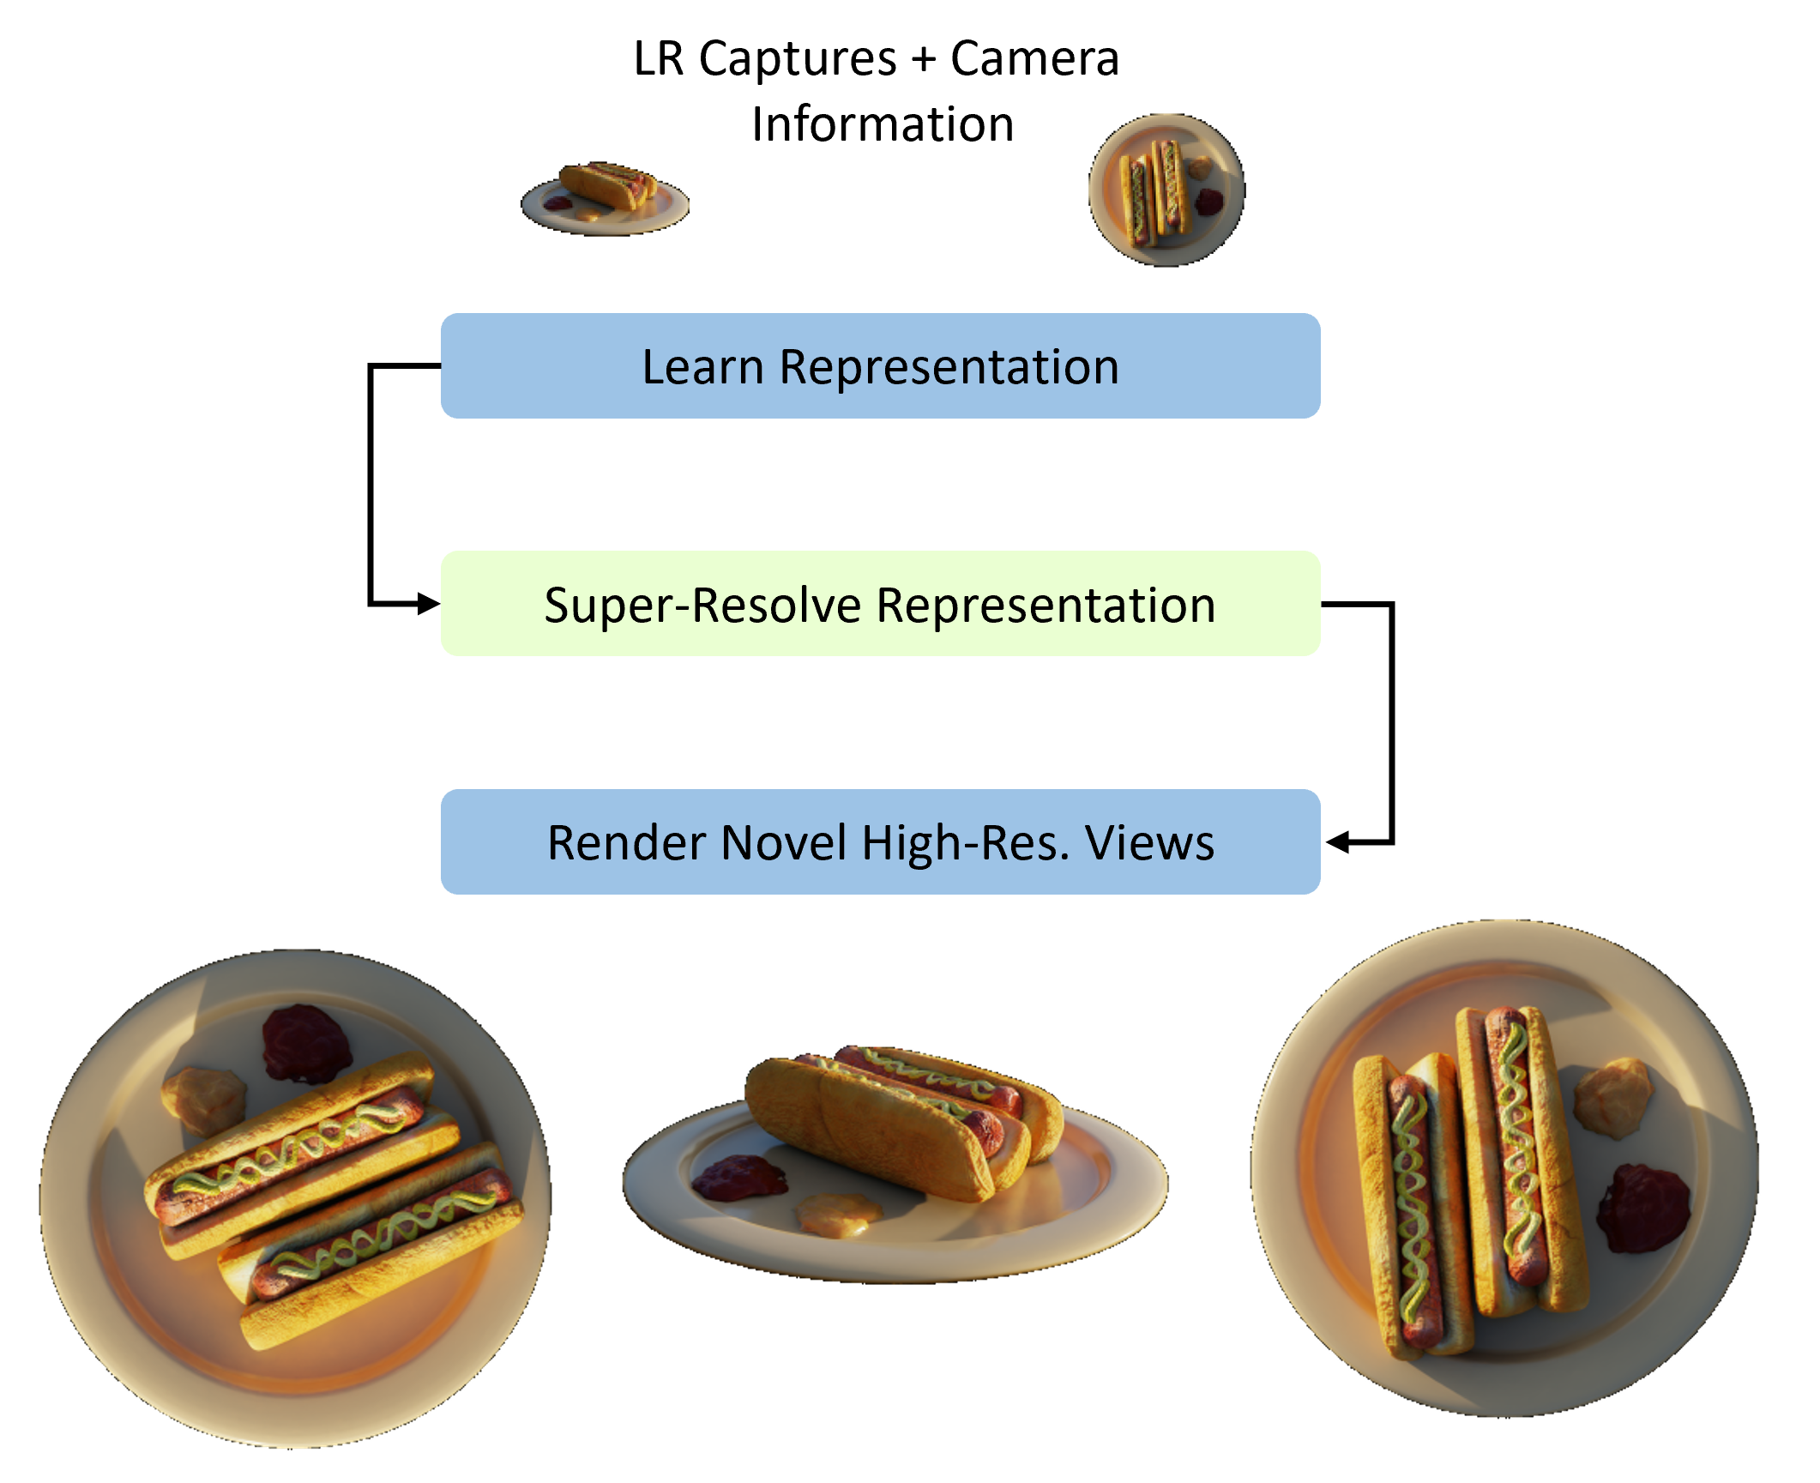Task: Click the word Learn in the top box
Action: click(702, 367)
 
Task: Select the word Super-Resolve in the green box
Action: click(702, 606)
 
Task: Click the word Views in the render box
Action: click(1149, 842)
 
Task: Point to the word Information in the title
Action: click(883, 124)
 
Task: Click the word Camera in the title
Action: click(1034, 58)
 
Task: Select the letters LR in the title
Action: click(659, 58)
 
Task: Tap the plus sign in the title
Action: click(923, 60)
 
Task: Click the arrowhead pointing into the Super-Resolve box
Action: click(429, 604)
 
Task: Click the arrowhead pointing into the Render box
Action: click(1337, 842)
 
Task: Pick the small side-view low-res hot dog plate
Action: click(605, 198)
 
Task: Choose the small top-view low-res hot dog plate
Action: click(1166, 190)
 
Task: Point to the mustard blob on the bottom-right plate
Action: click(1612, 1098)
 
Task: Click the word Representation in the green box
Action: click(1046, 606)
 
